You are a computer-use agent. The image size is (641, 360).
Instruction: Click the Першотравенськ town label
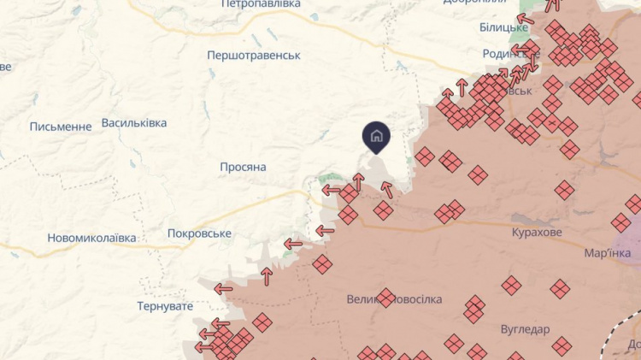point(254,56)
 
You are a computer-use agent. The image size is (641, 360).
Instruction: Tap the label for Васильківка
point(134,123)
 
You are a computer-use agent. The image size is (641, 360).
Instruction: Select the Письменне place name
point(61,127)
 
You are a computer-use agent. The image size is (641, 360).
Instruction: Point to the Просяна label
point(243,167)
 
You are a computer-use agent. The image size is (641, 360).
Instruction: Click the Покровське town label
point(199,233)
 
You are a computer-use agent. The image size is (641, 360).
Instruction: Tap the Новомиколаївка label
point(91,238)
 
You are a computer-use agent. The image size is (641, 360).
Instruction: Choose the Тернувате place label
point(168,305)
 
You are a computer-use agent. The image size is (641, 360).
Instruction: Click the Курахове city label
point(537,233)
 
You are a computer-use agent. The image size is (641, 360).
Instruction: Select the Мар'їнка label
point(607,253)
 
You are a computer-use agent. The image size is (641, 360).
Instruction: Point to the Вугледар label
point(526,329)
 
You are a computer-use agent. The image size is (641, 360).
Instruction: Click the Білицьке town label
point(503,27)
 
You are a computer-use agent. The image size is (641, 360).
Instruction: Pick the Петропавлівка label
point(261,4)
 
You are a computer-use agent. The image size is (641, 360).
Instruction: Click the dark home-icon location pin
point(376,136)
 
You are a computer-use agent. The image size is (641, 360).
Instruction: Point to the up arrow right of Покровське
point(267,275)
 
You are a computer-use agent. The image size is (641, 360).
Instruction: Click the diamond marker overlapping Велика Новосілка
point(385,298)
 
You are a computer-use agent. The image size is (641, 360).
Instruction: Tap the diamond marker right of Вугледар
point(562,345)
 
